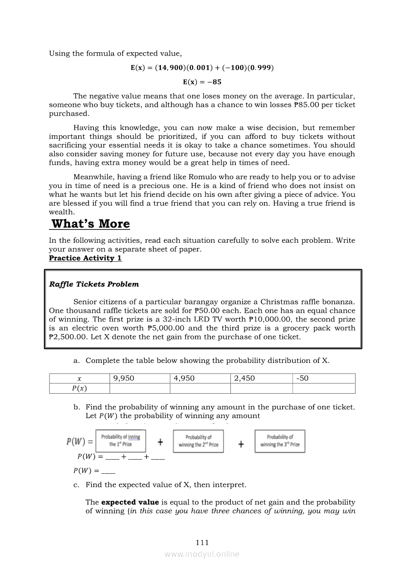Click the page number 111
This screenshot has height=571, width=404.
tap(202, 542)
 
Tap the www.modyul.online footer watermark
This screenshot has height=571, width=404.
tap(202, 554)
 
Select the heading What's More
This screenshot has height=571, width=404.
tap(90, 224)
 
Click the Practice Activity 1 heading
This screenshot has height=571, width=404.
tap(85, 258)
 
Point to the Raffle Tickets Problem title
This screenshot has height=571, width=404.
tap(94, 284)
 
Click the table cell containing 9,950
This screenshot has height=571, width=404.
tap(139, 379)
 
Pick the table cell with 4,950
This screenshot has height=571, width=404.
tap(200, 379)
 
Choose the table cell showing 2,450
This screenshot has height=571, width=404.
tap(261, 379)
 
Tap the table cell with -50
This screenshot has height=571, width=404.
tap(324, 379)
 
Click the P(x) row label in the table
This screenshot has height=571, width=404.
tap(79, 388)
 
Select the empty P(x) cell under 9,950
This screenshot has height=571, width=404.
tap(139, 388)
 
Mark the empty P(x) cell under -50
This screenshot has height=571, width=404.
tap(324, 388)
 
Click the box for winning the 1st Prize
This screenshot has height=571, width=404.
tap(120, 441)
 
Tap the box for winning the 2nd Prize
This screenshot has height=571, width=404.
tap(199, 441)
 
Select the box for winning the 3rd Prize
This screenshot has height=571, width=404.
tap(280, 441)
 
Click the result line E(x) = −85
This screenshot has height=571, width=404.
tap(202, 82)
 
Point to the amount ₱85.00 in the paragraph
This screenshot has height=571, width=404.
tap(318, 105)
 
